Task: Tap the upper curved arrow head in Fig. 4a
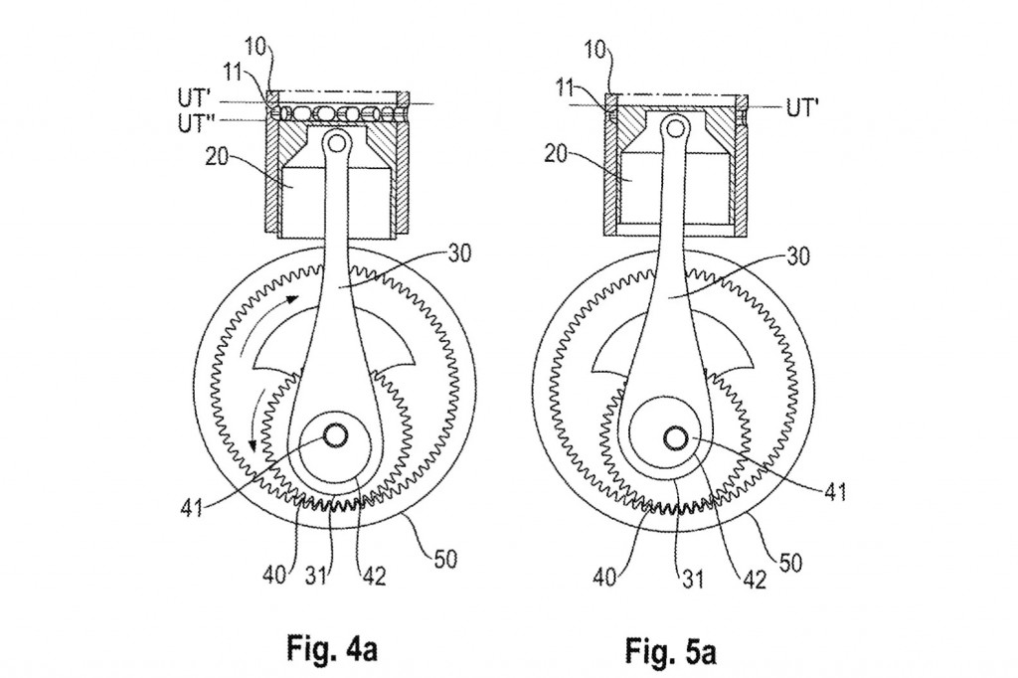coord(290,297)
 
